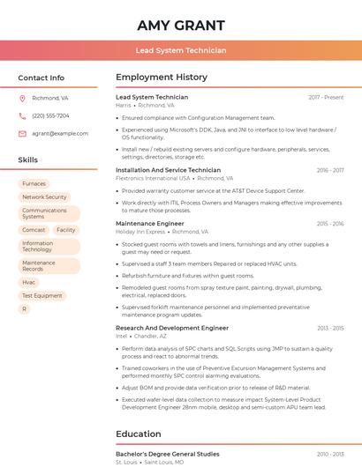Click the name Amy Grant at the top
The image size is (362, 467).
(x=181, y=26)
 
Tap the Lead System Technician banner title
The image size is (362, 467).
(x=181, y=51)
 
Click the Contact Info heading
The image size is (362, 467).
(x=41, y=78)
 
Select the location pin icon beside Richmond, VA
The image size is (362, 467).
(x=22, y=98)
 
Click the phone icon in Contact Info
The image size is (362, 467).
(x=22, y=115)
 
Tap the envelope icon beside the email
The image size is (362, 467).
(x=22, y=133)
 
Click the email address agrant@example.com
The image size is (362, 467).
(x=60, y=133)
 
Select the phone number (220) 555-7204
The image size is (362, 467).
(x=50, y=115)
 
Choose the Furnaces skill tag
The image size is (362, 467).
(x=34, y=184)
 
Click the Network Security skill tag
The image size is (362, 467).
(x=44, y=197)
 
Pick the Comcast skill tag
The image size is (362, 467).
(x=34, y=230)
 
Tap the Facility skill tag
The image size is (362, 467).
(x=65, y=230)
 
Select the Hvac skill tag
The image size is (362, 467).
(x=29, y=282)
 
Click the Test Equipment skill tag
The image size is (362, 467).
(x=41, y=296)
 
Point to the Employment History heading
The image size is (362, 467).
(x=162, y=78)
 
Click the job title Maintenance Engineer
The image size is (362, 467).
(x=150, y=224)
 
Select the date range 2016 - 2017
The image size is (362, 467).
(x=330, y=170)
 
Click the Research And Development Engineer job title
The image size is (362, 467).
(x=172, y=328)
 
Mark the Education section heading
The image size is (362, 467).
(x=140, y=434)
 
